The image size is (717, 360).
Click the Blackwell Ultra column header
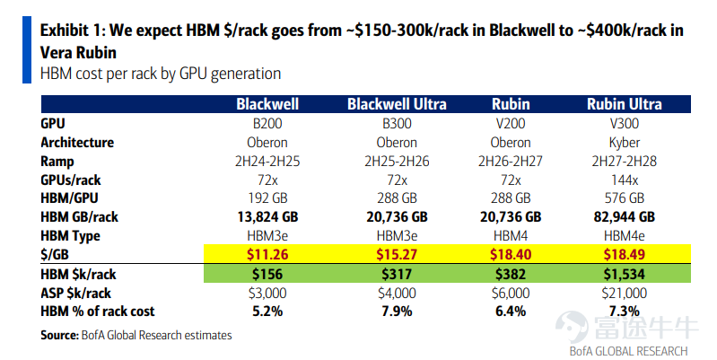(x=397, y=104)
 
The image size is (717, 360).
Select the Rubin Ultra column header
(x=625, y=104)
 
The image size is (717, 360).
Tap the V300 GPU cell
(x=625, y=124)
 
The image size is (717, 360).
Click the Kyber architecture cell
(x=625, y=143)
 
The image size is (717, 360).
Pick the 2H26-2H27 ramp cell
(x=511, y=162)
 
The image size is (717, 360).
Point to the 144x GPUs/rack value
(x=625, y=180)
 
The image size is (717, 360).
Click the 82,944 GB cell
(x=625, y=217)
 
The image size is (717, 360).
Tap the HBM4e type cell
(x=625, y=236)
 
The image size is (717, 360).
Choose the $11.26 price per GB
(x=267, y=254)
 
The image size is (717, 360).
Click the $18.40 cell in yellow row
(x=511, y=254)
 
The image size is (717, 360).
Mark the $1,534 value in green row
(x=625, y=274)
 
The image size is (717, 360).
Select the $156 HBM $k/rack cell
(x=267, y=274)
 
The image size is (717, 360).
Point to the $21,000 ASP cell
(x=625, y=294)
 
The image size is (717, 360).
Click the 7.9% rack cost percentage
(x=397, y=312)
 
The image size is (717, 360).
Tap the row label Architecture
(x=77, y=143)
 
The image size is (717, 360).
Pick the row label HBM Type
(x=70, y=236)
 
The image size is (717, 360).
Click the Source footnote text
(x=136, y=335)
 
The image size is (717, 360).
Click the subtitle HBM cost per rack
(x=161, y=74)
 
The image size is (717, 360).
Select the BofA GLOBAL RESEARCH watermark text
(x=628, y=351)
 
